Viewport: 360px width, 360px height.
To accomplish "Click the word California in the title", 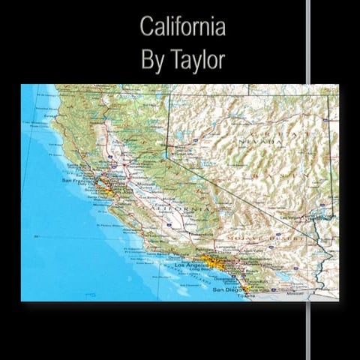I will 182,27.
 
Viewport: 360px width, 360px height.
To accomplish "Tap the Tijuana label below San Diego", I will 245,296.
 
